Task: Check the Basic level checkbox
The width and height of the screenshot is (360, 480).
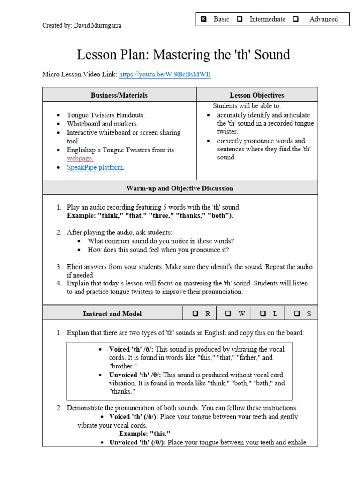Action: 203,19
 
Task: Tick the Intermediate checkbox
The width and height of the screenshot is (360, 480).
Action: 240,19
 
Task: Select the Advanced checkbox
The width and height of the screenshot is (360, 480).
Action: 296,19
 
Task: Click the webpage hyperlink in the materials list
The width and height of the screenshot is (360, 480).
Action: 80,158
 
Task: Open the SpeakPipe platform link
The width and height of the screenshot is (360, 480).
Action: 95,167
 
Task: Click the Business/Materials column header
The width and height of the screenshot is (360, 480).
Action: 119,95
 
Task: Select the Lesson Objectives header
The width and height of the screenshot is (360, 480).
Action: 256,95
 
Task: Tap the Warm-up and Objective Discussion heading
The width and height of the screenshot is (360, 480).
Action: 180,188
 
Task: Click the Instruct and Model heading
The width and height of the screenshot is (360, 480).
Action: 112,314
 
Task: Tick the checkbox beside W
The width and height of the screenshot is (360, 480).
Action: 228,314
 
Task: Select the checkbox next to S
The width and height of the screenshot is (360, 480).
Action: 297,314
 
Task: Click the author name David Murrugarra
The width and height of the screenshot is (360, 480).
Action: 97,26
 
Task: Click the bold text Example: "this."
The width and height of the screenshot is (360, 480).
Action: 144,434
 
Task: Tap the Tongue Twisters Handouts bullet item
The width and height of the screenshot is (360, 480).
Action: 106,115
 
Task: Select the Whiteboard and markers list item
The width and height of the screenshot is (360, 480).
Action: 103,124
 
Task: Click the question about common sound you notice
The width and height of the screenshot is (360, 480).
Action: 161,241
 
